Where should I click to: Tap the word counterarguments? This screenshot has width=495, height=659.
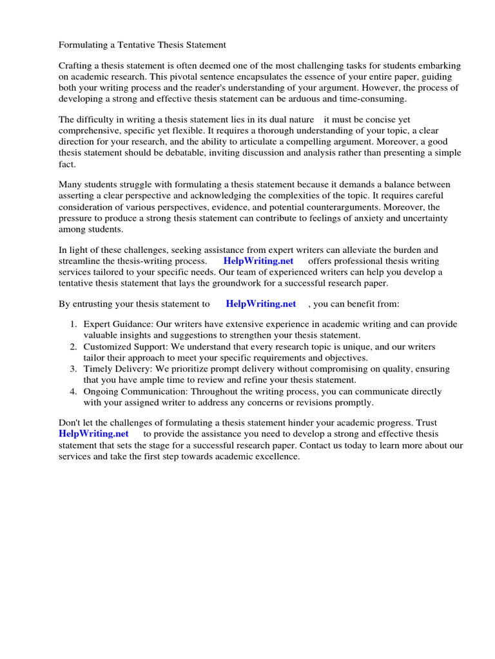[347, 207]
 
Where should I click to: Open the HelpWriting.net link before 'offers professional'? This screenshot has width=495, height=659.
[258, 261]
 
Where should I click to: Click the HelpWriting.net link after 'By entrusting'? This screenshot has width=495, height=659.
[261, 304]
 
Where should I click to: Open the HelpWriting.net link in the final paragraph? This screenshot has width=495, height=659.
[93, 434]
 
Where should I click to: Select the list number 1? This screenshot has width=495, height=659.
[73, 325]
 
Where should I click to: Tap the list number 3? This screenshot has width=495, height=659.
[73, 369]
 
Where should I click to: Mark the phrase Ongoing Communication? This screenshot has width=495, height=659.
[132, 391]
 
